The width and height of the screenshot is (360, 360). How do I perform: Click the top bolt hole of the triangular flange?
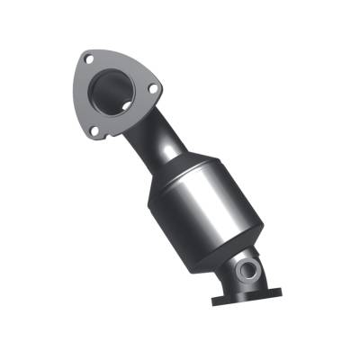[88, 60]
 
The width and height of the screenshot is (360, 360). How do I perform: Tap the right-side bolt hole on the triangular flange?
[154, 89]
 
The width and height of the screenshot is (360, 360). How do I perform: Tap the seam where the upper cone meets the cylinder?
[171, 184]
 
